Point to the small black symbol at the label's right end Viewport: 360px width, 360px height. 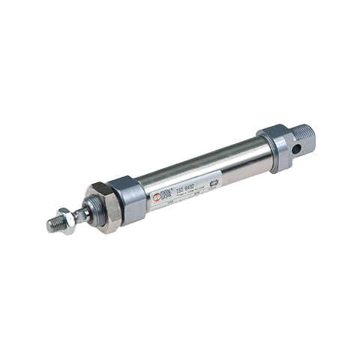click(213, 181)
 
